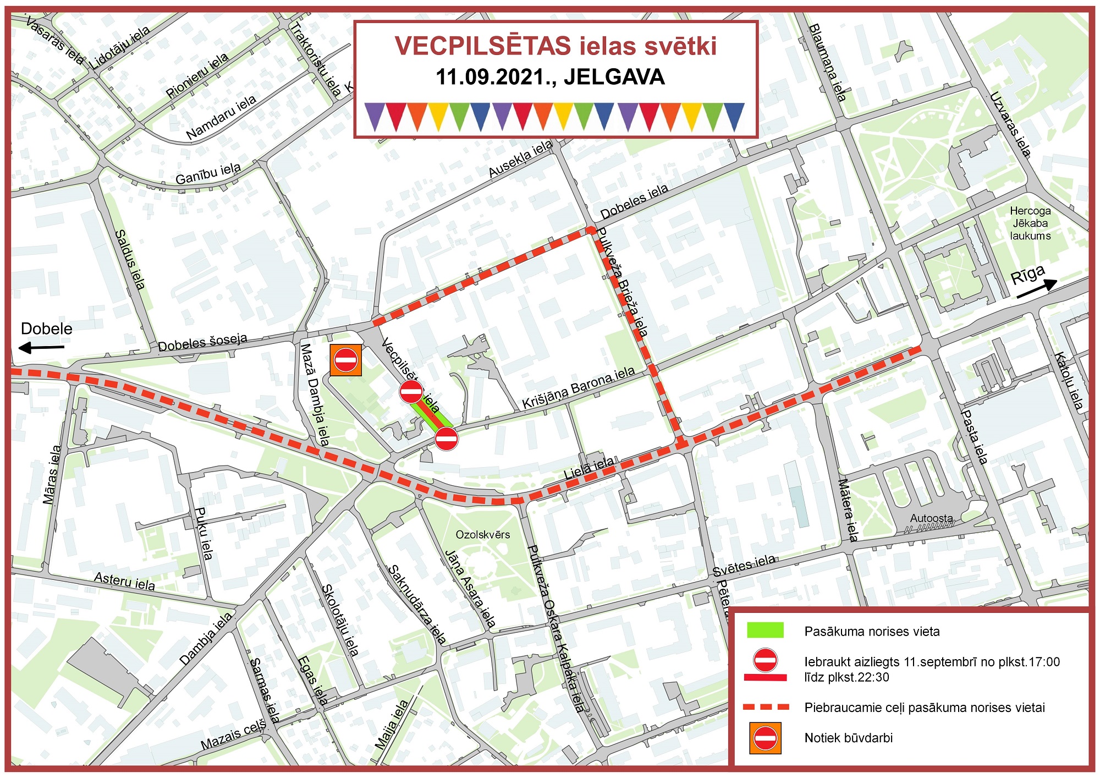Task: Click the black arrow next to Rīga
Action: pyautogui.click(x=1037, y=289)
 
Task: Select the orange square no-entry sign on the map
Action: pyautogui.click(x=346, y=360)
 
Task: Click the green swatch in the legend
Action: pyautogui.click(x=765, y=631)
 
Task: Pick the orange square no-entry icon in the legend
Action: pyautogui.click(x=765, y=738)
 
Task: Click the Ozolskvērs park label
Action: pyautogui.click(x=482, y=535)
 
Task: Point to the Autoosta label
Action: pyautogui.click(x=931, y=518)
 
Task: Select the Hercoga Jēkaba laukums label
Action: pyautogui.click(x=1030, y=223)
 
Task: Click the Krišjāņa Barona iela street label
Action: pyautogui.click(x=578, y=388)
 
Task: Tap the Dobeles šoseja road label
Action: pyautogui.click(x=202, y=343)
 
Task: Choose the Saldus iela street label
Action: pyautogui.click(x=130, y=260)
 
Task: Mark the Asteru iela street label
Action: pyautogui.click(x=124, y=580)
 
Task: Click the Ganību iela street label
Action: pyautogui.click(x=208, y=174)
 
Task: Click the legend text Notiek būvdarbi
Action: pyautogui.click(x=848, y=738)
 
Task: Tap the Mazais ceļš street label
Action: pyautogui.click(x=233, y=736)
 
